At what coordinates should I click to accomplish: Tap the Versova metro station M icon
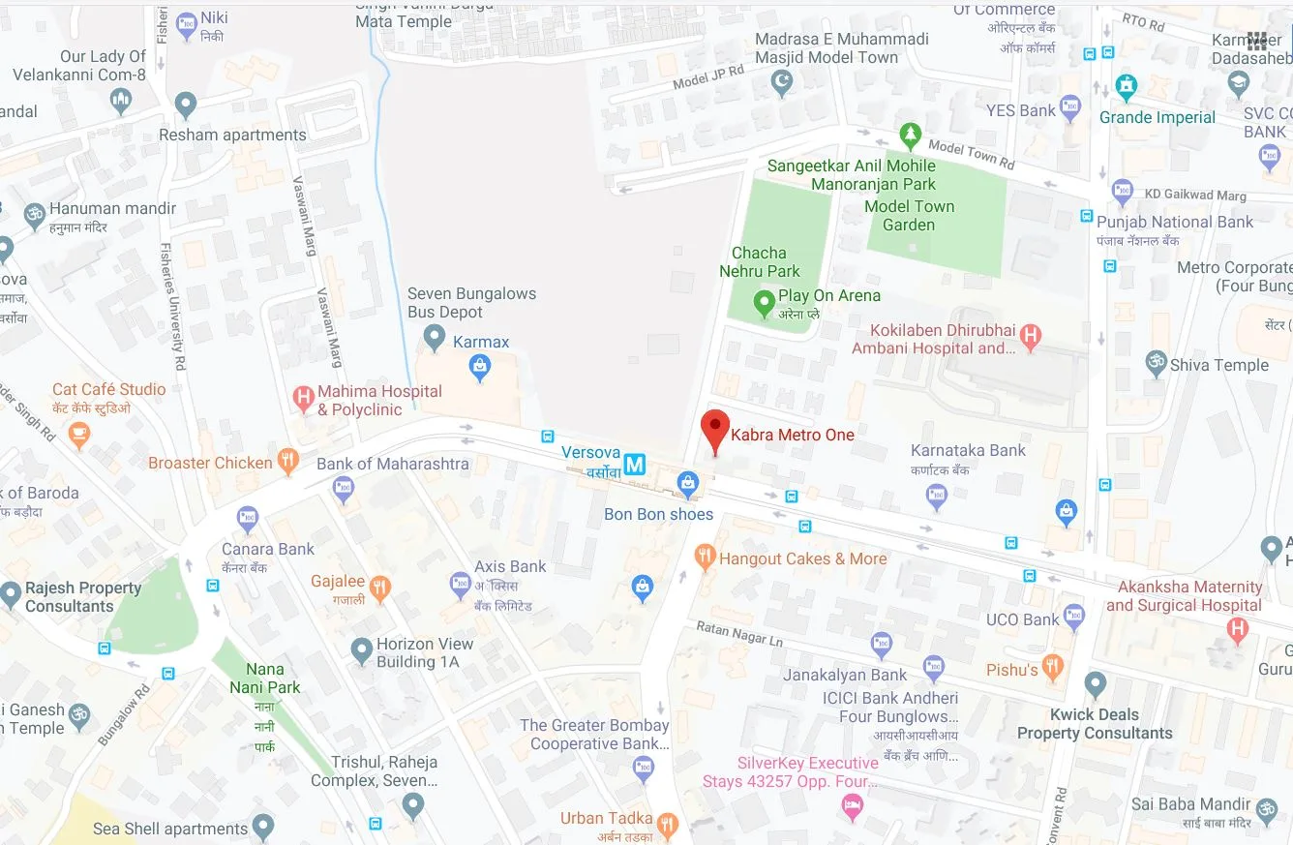634,465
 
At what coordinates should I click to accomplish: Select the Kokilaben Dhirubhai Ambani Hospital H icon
1031,337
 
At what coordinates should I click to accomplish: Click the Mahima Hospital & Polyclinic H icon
304,397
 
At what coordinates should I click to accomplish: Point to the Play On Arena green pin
764,303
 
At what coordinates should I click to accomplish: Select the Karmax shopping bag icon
478,366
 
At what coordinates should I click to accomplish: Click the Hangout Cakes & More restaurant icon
705,557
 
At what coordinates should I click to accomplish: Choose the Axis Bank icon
461,584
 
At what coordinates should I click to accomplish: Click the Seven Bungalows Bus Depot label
471,302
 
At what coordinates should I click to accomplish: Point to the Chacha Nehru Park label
759,262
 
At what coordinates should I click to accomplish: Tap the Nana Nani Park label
265,678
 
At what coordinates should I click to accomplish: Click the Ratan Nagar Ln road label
739,634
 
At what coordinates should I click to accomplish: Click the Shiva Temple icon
1155,363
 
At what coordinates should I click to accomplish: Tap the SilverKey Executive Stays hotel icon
852,804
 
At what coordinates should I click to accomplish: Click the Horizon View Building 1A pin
362,650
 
